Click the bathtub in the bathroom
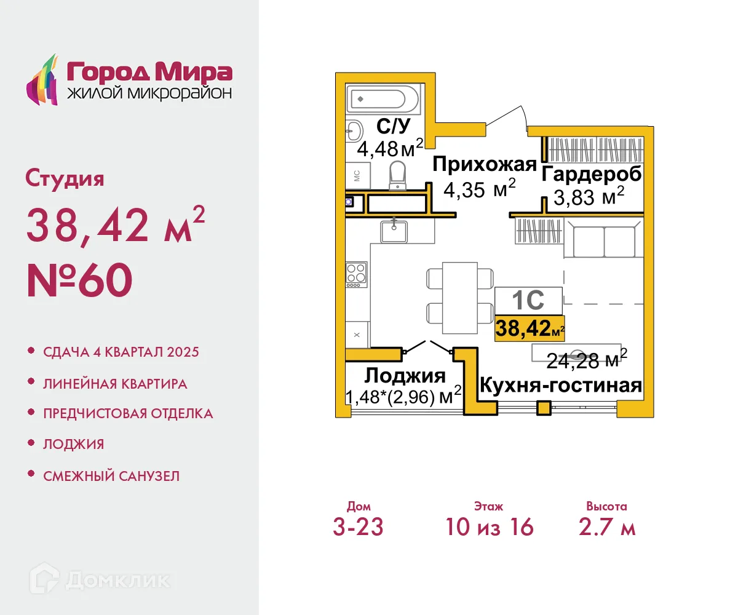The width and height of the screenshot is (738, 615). point(383,98)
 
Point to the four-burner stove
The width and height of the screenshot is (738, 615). point(356,274)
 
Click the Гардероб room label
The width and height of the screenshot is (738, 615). point(592,173)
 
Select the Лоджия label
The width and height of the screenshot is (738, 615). point(405,375)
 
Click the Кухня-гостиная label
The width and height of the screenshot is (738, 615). point(560,386)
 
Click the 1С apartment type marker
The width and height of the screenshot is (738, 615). point(528,301)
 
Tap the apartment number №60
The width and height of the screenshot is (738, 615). point(79,280)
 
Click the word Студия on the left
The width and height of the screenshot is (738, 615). point(65,179)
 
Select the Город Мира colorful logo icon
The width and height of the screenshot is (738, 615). point(42,81)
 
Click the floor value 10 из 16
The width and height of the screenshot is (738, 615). point(490,527)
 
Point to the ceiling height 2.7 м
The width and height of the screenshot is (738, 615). point(606,527)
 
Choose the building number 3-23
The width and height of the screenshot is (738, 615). point(359,527)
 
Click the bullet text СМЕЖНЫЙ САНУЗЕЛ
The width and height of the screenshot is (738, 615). point(111,475)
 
